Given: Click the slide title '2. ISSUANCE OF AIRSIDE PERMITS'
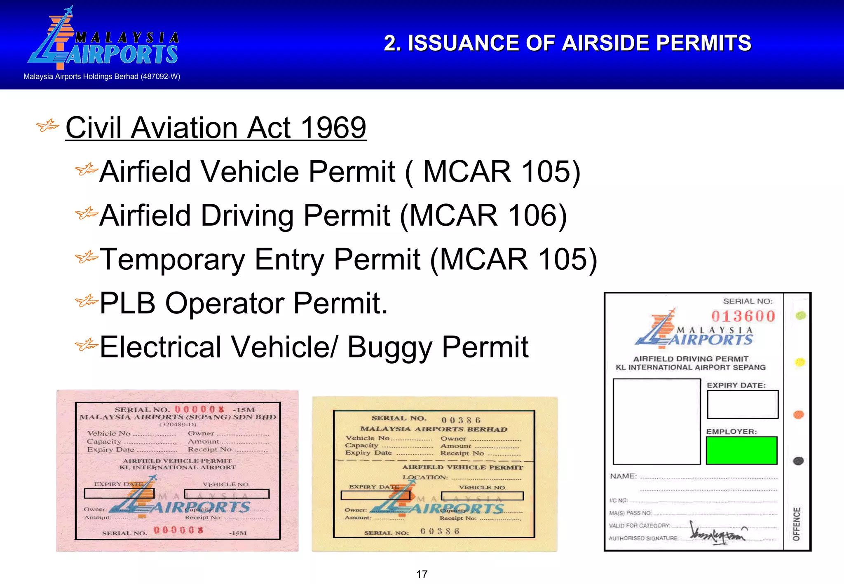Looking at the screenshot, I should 567,43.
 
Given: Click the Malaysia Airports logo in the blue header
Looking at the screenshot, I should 103,40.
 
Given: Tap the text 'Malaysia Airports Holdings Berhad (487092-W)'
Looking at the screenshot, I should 102,77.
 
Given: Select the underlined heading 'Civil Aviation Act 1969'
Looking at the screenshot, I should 216,128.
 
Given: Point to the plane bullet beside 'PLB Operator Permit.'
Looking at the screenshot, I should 86,302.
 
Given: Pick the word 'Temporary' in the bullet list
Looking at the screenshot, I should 172,259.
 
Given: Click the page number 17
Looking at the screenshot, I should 422,574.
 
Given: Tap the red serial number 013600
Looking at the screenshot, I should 743,316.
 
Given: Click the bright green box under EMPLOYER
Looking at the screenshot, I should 741,451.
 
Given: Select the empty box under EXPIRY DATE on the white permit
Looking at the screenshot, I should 743,404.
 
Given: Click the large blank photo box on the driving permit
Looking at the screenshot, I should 656,421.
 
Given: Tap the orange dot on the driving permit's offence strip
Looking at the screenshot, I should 799,414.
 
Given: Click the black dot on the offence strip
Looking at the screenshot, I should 798,461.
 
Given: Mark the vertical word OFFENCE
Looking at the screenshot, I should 797,524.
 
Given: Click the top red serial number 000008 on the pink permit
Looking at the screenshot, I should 199,409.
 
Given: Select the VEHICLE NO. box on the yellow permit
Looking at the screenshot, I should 482,496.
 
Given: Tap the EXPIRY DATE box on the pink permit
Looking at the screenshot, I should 119,493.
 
